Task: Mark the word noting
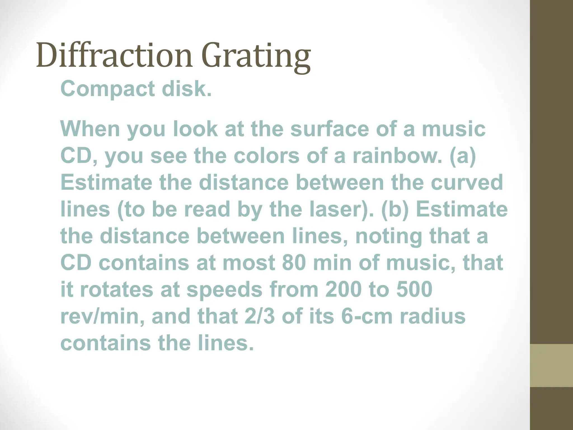(x=388, y=236)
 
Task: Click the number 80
(x=294, y=263)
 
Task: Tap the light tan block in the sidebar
(x=551, y=365)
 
